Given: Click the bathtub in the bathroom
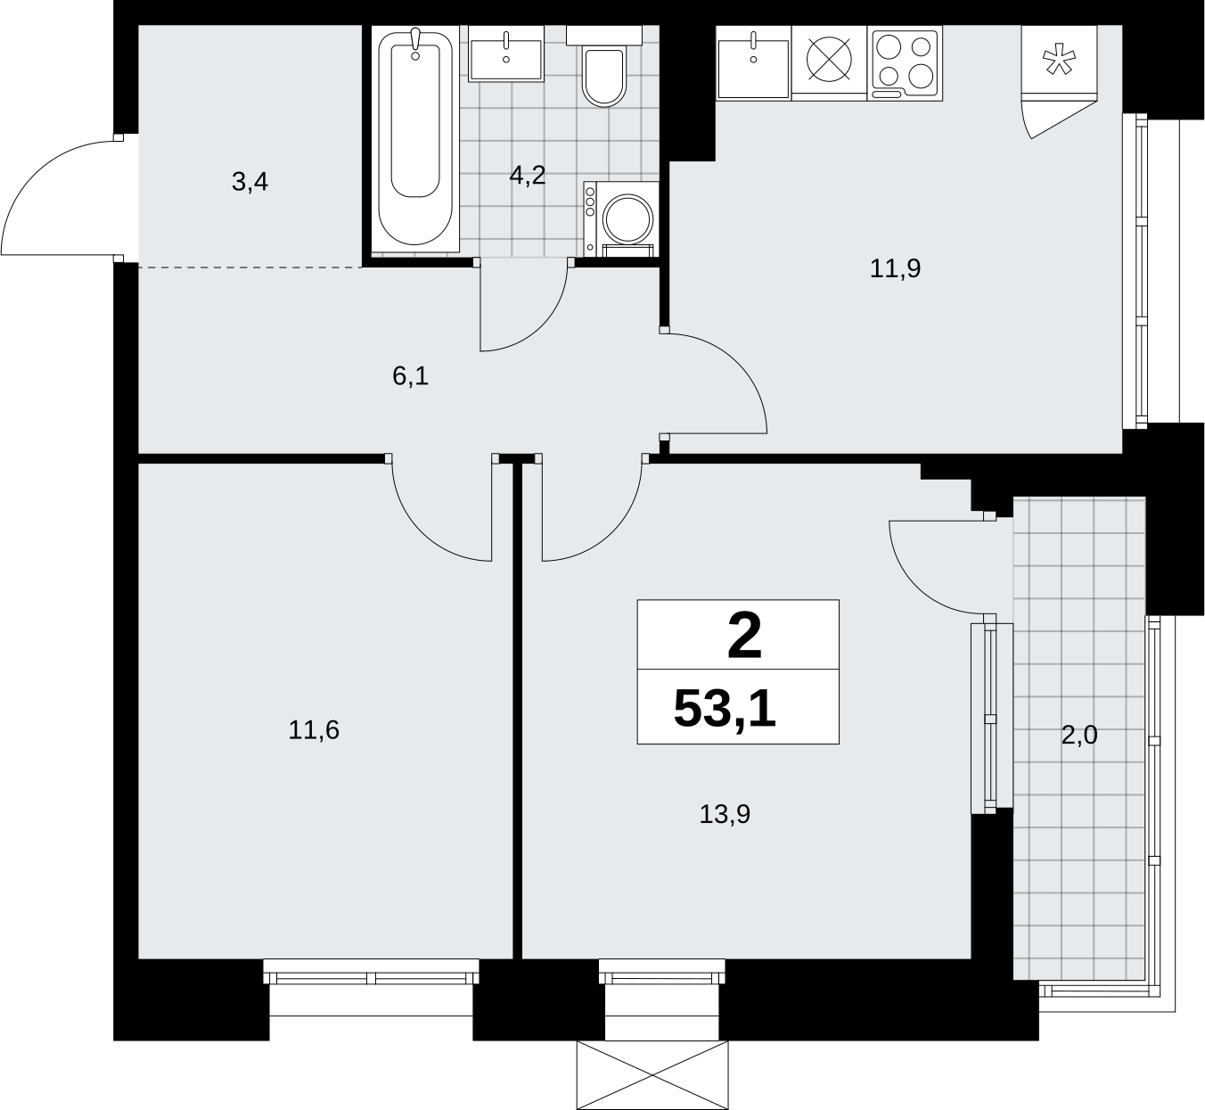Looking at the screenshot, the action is tap(415, 139).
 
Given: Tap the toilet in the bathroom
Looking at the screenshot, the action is tap(603, 66).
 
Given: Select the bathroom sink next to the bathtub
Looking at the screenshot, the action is tap(506, 53).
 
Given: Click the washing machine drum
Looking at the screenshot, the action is tap(627, 218).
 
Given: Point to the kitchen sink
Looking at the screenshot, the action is tap(754, 62).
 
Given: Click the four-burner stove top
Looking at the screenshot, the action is tap(906, 63).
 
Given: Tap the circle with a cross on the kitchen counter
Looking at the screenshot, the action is tap(829, 59).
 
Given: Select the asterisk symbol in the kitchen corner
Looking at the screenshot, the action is tap(1059, 62).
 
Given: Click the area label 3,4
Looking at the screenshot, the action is tap(250, 182).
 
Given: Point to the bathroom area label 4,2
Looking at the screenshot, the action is tap(528, 175).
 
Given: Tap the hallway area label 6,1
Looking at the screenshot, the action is tap(410, 376).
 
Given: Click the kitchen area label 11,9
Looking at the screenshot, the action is tap(895, 268).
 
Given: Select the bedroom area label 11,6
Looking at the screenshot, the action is tap(314, 730).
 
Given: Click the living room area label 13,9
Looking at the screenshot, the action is tap(725, 814).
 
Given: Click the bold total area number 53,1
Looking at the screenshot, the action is tap(725, 709).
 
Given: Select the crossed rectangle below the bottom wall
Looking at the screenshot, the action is tap(652, 1075).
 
